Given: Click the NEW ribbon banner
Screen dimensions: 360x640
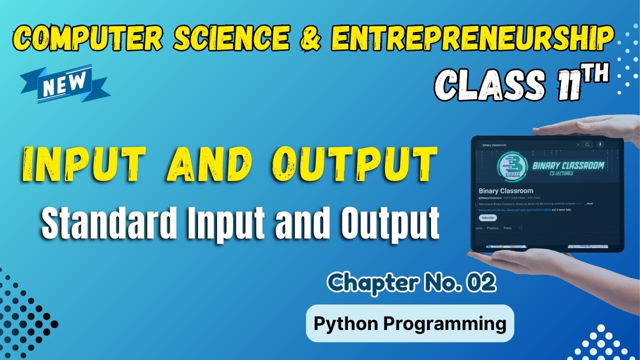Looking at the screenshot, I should click(x=65, y=84).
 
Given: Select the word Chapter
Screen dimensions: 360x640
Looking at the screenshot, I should click(x=370, y=283).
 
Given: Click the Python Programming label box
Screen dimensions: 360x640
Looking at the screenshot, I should click(x=409, y=323).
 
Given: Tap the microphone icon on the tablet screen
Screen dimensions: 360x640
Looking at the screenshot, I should click(x=600, y=144).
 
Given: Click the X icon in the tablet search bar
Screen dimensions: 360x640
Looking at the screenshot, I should click(x=578, y=144).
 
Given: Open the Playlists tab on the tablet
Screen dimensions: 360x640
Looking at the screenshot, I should click(x=492, y=228).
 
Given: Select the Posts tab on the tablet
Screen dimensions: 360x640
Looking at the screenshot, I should click(x=507, y=228).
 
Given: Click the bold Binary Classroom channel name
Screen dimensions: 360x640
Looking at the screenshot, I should click(x=506, y=191).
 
